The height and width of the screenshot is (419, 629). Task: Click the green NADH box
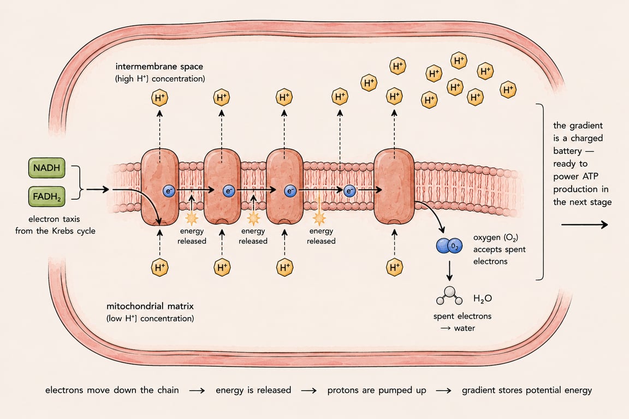coord(46,167)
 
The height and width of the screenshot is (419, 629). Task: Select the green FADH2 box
coord(46,196)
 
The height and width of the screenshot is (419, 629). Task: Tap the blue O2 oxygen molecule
coord(449,246)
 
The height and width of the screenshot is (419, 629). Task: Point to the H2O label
coord(482,298)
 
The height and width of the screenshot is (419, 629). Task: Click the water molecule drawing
coord(449,296)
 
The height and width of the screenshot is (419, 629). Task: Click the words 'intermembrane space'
coord(159,67)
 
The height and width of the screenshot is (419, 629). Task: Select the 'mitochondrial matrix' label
coord(150,306)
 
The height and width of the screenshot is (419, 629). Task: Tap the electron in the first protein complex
coord(169,191)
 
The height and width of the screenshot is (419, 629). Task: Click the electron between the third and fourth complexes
coord(349,191)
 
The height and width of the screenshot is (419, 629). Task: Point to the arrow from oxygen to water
coord(449,271)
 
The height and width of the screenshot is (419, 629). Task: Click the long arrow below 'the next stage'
coord(584,225)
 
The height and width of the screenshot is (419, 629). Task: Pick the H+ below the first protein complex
coord(159,267)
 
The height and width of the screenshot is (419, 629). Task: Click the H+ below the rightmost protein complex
coord(394,267)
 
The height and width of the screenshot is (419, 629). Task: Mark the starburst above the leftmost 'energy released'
coord(191,219)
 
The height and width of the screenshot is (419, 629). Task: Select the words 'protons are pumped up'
coord(377,390)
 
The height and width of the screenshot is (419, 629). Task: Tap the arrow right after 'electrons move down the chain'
coord(197,391)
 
